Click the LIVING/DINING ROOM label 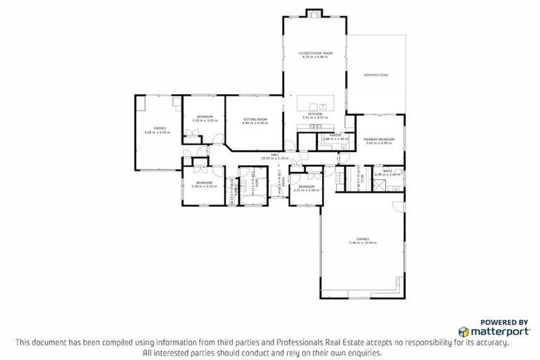click(x=314, y=53)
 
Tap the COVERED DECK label click(x=375, y=75)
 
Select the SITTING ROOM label click(x=255, y=120)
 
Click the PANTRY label click(x=335, y=135)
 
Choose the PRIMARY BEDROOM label click(x=379, y=140)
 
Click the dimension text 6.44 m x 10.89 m click(x=362, y=243)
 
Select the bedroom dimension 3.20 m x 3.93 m click(x=205, y=120)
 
